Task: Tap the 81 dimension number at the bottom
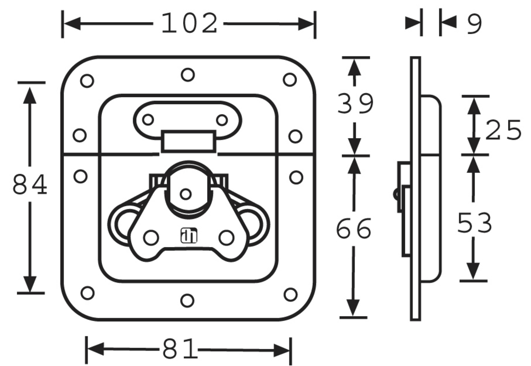pyautogui.click(x=179, y=348)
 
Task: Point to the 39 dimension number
pyautogui.click(x=355, y=104)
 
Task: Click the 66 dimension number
pyautogui.click(x=354, y=229)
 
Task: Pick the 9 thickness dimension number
pyautogui.click(x=474, y=24)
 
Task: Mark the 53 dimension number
pyautogui.click(x=474, y=223)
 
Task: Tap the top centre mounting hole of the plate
pyautogui.click(x=187, y=74)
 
